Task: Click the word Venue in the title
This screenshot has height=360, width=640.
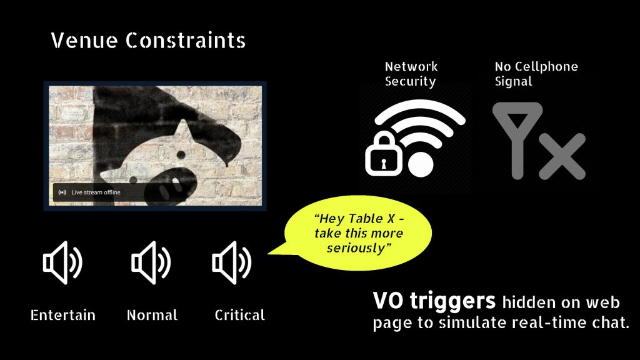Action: point(84,41)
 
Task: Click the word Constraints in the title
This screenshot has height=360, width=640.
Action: point(185,41)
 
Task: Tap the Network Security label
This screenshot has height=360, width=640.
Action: point(411,74)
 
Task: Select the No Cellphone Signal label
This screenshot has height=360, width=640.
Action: point(536,74)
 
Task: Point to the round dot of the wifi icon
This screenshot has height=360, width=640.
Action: point(421,164)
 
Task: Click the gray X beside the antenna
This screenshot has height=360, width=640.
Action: point(562,156)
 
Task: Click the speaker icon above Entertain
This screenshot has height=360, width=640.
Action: point(62,262)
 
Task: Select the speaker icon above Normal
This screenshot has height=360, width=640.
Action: point(151,262)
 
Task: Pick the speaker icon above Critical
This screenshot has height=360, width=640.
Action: point(231,262)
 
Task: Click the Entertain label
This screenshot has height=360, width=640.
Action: point(63,315)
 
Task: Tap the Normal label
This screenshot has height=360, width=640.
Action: point(152,315)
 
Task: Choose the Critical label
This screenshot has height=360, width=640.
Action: point(240,315)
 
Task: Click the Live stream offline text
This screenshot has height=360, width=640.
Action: point(96,192)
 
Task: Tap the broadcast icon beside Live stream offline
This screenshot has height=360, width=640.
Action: point(62,192)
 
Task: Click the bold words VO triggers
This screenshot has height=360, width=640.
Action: point(434,302)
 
